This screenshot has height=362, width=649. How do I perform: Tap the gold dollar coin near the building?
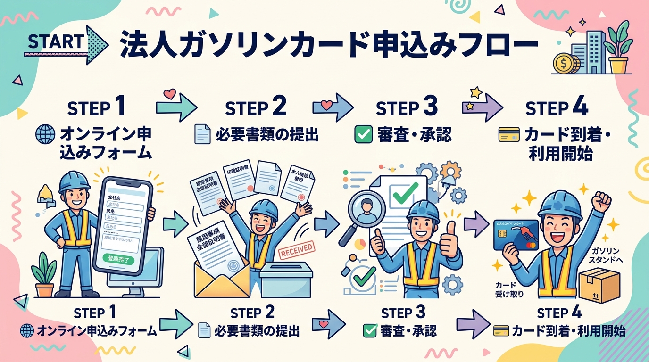click(x=563, y=63)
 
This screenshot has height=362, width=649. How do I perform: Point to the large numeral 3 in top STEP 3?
click(x=430, y=107)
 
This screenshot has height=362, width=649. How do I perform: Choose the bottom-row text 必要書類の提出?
click(x=258, y=331)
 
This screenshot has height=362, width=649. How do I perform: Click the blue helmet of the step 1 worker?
click(x=75, y=181)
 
